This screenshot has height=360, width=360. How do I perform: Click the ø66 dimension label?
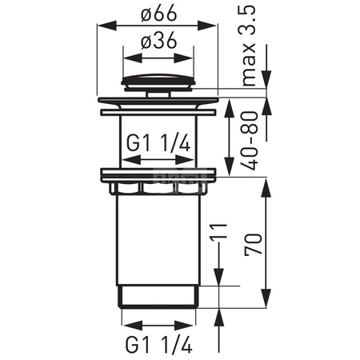[x=158, y=14]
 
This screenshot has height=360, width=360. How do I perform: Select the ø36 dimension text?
[x=158, y=40]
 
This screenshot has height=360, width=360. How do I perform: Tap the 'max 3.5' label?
[x=247, y=46]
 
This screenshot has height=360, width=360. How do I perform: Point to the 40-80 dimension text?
[x=250, y=141]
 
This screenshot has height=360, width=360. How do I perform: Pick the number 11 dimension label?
[x=218, y=231]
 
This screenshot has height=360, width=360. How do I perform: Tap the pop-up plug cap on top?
[x=158, y=81]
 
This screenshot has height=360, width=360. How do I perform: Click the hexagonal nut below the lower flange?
[x=158, y=188]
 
